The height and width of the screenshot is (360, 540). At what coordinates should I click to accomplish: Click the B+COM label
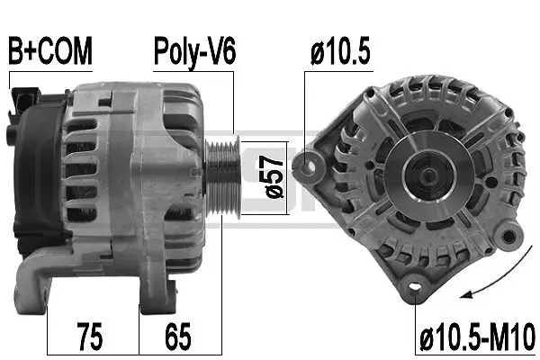[x=50, y=51]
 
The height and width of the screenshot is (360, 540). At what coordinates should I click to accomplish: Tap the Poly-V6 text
[x=193, y=51]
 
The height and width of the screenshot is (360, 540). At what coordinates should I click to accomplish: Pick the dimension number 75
[x=88, y=339]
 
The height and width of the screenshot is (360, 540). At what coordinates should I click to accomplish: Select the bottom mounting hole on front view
[x=414, y=286]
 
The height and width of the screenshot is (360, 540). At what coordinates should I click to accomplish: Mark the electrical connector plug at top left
[x=22, y=99]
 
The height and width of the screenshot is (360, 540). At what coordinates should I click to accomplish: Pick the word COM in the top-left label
[x=67, y=51]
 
